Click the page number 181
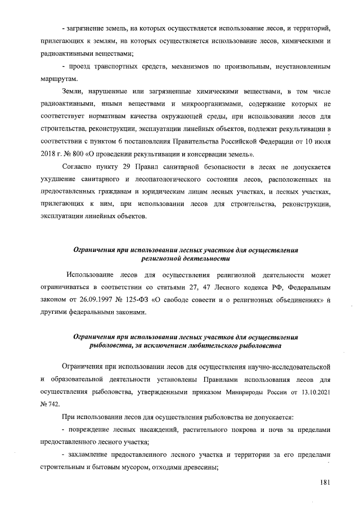(x=323, y=483)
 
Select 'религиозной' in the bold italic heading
(x=165, y=259)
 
